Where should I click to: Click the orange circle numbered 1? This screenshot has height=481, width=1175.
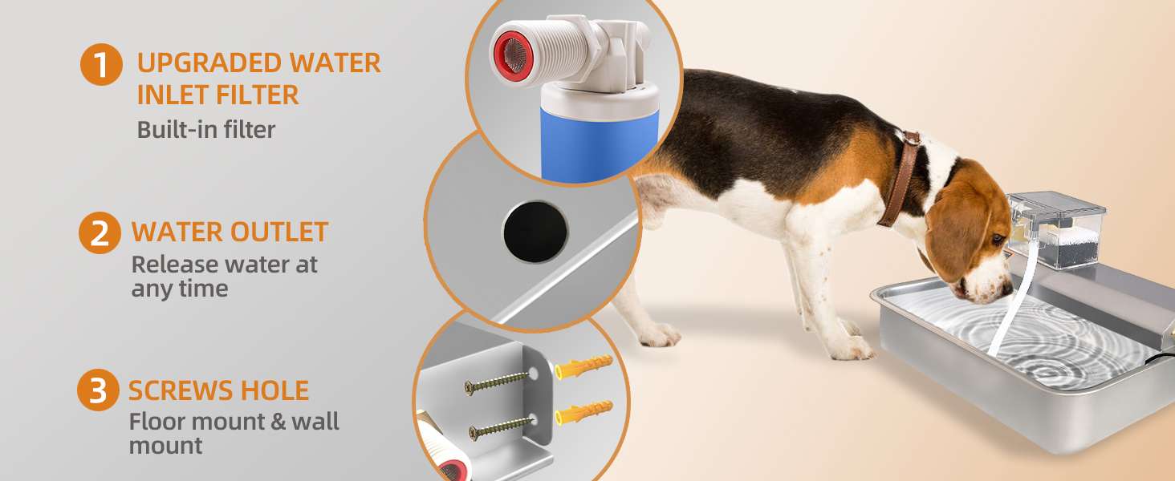[101, 64]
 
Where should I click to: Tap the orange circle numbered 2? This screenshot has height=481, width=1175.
[100, 232]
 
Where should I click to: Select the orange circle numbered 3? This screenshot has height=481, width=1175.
[98, 392]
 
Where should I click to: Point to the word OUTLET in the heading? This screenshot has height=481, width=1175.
[279, 232]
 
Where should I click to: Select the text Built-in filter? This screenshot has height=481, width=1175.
[205, 129]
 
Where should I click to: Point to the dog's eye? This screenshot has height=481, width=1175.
[997, 239]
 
